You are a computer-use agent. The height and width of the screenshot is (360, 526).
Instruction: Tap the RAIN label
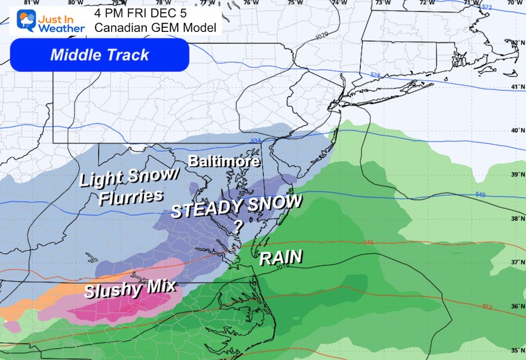pyautogui.click(x=280, y=258)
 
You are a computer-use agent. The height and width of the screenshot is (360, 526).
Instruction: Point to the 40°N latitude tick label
pyautogui.click(x=516, y=130)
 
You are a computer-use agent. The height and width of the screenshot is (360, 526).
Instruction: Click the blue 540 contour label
pyautogui.click(x=480, y=195)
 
